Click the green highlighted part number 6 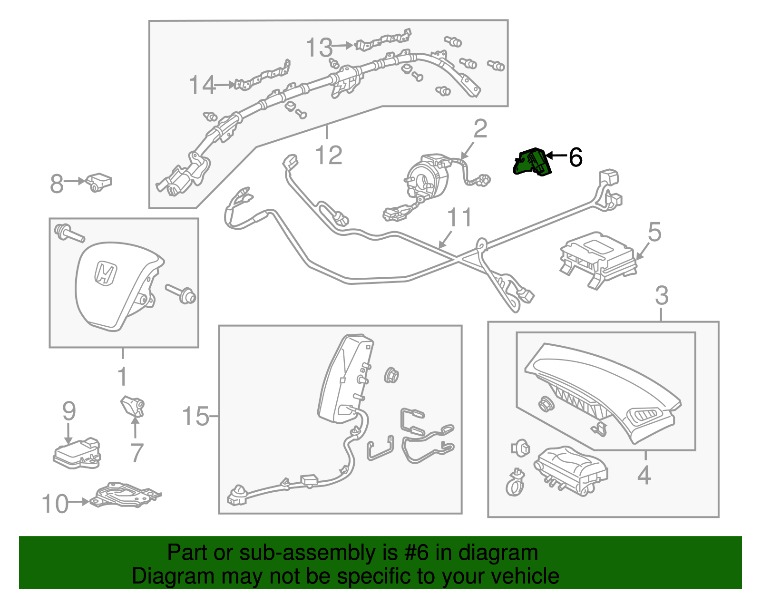point(532,162)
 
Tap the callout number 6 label point(576,157)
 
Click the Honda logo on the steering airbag point(105,273)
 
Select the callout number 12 point(329,155)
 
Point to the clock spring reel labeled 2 point(425,176)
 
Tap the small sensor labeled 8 point(98,182)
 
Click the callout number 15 point(195,416)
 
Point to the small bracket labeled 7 point(132,407)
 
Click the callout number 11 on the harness point(459,217)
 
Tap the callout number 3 point(662,295)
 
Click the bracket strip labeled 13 point(383,40)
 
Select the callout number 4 point(644,475)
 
